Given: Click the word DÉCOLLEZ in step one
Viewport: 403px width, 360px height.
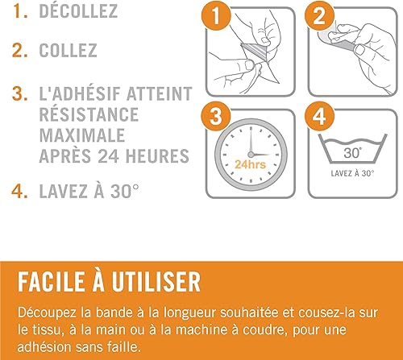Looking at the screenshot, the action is pos(78,10).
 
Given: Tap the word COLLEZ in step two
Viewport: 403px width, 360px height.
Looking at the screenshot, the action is pos(68,50).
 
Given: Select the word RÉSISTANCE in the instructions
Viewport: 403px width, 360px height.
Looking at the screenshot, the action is pos(89,114).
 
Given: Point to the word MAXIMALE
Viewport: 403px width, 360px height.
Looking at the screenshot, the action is pos(82,135).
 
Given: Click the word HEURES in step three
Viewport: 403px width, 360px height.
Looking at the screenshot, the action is pos(157,155).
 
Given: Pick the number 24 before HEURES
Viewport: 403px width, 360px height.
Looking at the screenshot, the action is pos(108,155).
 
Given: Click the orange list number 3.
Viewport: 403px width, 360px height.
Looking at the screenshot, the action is pos(19,93).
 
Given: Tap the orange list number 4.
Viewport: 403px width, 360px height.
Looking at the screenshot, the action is pos(19,191).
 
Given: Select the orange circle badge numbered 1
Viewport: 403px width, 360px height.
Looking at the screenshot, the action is pos(216,15).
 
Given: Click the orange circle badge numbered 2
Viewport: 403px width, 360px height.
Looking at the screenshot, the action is pos(319,15).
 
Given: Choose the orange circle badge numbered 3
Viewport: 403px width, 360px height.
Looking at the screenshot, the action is pos(216,116).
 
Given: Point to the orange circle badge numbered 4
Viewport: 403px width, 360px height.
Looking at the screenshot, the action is pos(319,116).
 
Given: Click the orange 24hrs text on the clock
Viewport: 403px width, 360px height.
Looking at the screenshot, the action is pos(251,164).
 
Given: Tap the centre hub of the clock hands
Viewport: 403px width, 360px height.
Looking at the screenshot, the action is pos(251,155).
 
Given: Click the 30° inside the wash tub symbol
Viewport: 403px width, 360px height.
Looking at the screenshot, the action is pos(352,153).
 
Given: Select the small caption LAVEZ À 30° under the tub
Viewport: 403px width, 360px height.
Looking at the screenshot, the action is pos(352,173).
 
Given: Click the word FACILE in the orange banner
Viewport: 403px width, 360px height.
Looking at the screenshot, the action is pos(51,282).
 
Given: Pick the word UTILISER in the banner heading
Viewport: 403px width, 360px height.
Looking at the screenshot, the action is pos(156,282).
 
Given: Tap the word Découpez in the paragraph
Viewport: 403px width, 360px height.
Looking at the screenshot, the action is pos(47,313).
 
